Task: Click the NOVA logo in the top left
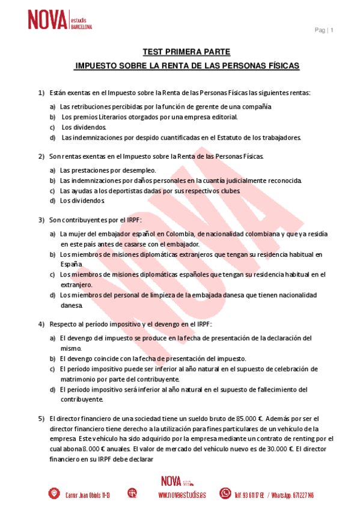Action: pyautogui.click(x=59, y=20)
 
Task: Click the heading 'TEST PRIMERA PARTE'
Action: pyautogui.click(x=186, y=52)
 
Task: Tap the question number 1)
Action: pyautogui.click(x=41, y=93)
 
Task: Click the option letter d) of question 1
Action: pyautogui.click(x=53, y=137)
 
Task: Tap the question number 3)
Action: pyautogui.click(x=41, y=220)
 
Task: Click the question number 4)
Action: pyautogui.click(x=41, y=324)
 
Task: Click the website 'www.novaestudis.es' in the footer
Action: pyautogui.click(x=182, y=494)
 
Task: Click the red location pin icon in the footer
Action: pyautogui.click(x=54, y=494)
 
